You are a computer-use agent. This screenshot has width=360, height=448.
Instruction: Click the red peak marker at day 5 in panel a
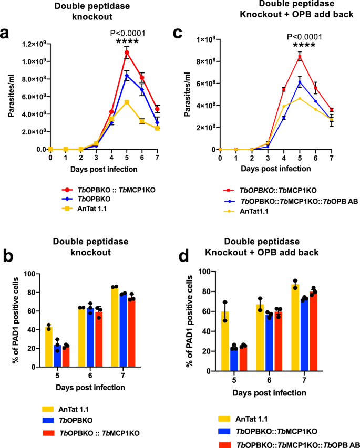(x=126, y=53)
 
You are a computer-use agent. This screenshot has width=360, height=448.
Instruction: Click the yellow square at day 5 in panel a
(x=126, y=102)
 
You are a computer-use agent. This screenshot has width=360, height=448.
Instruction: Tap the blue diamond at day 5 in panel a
(x=126, y=76)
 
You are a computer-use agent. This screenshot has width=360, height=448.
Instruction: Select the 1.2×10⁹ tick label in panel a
(x=29, y=44)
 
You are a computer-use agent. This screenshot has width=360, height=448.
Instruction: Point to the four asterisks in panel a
(x=126, y=40)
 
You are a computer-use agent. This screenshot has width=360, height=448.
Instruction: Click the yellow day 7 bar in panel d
(x=294, y=328)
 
